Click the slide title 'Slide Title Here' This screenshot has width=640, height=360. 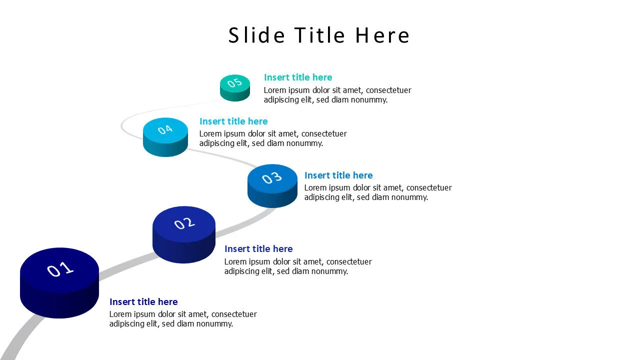click(319, 35)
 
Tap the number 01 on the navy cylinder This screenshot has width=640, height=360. click(60, 269)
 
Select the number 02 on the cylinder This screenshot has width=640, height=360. click(184, 223)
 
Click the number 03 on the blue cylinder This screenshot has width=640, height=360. click(272, 177)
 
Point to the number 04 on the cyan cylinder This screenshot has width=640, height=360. click(165, 129)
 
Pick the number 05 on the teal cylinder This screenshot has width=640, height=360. click(234, 83)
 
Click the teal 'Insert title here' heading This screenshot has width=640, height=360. click(298, 77)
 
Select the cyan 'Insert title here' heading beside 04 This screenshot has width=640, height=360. click(233, 121)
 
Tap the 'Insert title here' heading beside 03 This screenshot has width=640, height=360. click(338, 175)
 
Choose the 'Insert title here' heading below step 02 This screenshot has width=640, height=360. click(258, 249)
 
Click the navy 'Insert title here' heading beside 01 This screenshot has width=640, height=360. click(143, 302)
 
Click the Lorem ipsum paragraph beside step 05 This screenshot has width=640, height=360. click(337, 95)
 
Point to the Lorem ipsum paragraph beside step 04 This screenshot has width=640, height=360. click(273, 138)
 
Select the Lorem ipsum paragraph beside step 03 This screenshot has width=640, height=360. click(378, 192)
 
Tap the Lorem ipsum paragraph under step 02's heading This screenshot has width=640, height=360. click(298, 266)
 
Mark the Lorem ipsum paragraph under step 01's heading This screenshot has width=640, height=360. click(183, 319)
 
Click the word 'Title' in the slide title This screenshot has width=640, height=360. click(320, 35)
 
